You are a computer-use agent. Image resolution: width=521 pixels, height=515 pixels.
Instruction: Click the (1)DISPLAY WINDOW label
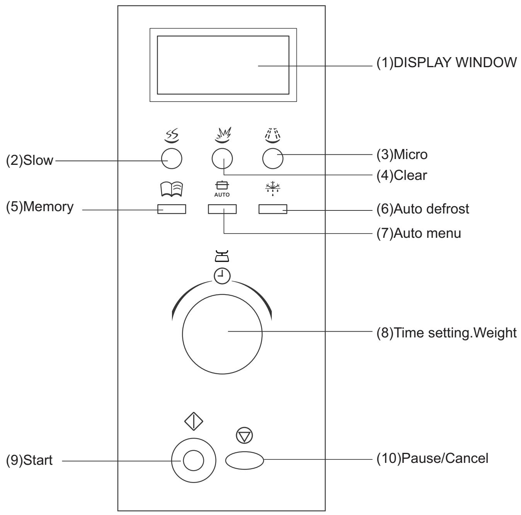tap(446, 63)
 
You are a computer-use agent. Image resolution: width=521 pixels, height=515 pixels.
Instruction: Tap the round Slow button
tap(172, 159)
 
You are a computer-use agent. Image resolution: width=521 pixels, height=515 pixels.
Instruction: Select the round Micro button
tap(272, 159)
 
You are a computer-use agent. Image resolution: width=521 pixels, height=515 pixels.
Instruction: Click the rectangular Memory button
tap(172, 209)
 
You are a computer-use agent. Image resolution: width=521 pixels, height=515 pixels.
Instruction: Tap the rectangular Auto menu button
tap(222, 209)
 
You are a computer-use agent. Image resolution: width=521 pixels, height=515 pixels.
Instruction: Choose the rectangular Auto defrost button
tap(273, 209)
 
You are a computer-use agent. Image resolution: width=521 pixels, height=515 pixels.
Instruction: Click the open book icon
tap(172, 189)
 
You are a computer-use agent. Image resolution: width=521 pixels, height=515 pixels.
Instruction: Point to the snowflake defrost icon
tap(273, 188)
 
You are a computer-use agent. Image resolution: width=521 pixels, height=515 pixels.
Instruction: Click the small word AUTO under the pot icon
tap(222, 195)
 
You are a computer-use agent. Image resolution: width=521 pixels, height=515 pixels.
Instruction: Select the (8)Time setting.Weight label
tap(446, 332)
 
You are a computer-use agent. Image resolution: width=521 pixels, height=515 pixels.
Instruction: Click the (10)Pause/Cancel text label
tap(432, 459)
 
